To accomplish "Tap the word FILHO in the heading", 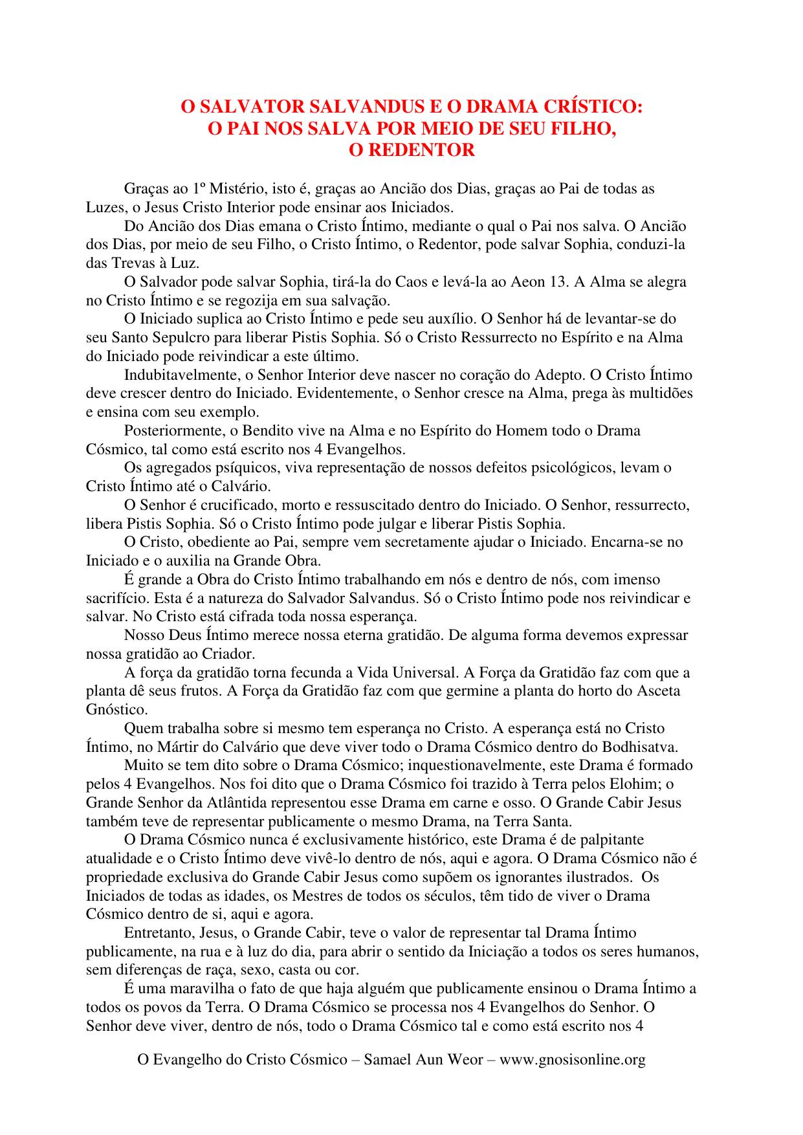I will (x=575, y=128).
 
